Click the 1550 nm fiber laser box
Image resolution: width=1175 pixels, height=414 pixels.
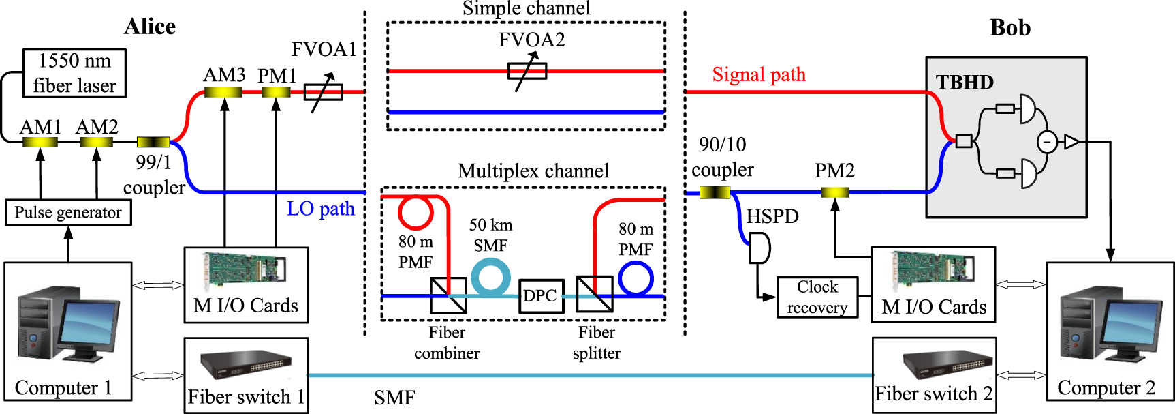pos(74,73)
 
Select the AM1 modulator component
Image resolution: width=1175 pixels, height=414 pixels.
pos(40,142)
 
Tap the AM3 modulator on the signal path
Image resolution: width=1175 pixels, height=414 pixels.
pos(223,91)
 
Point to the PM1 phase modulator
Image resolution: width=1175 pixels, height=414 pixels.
pos(276,91)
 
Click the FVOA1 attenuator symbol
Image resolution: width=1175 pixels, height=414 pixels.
pos(323,92)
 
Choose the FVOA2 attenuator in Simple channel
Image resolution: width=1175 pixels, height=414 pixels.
pos(527,71)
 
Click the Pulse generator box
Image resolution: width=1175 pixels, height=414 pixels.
pos(68,212)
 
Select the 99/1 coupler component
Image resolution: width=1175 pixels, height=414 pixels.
pos(153,142)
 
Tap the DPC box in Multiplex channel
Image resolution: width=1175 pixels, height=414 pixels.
pos(541,296)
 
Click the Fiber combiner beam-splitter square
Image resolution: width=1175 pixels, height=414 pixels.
pos(448,295)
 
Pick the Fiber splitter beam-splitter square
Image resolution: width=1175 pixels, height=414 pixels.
pos(594,295)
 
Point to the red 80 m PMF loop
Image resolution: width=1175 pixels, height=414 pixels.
pos(415,212)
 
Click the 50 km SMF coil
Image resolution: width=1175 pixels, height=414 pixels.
pos(490,277)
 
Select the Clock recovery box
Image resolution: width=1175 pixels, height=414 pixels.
pos(817,297)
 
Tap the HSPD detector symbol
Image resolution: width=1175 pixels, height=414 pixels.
pos(759,248)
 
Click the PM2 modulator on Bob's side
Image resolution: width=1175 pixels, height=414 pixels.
pos(834,193)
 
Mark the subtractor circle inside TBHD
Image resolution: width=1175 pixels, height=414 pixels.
pos(1047,142)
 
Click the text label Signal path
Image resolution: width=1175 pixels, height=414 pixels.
pos(759,74)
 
